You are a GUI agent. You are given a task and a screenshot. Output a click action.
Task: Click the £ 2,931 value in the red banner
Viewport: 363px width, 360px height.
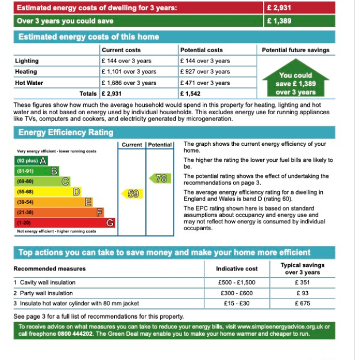click(280, 8)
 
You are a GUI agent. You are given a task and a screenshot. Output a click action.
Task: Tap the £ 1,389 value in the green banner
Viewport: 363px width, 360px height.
click(280, 21)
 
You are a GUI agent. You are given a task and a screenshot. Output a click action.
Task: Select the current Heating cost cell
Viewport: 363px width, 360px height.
click(129, 72)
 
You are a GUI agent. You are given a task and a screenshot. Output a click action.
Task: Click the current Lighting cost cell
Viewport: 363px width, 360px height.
click(126, 61)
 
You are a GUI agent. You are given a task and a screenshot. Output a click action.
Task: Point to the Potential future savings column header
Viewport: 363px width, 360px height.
click(295, 50)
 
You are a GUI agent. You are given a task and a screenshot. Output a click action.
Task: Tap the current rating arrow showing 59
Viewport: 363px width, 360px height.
click(132, 194)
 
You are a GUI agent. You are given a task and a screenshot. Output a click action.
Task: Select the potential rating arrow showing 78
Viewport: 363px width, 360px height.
click(160, 179)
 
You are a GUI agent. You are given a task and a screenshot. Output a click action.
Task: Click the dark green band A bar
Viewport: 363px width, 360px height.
click(32, 161)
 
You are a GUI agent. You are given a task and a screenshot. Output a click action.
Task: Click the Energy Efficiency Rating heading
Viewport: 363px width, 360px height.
click(66, 133)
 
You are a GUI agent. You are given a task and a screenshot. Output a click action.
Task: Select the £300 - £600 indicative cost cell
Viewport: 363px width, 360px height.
click(237, 293)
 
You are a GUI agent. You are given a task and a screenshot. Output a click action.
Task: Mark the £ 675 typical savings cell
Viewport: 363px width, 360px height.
click(302, 303)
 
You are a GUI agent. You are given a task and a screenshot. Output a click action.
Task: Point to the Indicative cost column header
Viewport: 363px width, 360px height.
click(237, 268)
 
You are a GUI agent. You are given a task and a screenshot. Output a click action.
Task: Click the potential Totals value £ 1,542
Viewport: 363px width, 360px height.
click(191, 93)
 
